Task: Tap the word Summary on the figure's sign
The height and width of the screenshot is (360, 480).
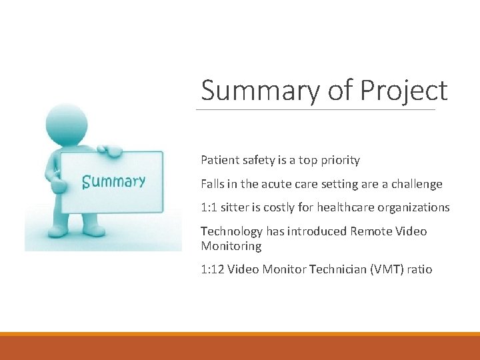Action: coord(113,181)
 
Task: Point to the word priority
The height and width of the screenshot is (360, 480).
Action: coord(337,160)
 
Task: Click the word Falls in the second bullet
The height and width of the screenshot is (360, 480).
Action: coord(212,184)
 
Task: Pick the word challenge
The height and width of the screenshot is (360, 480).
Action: coord(416,184)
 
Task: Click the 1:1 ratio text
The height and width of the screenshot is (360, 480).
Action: coord(209,207)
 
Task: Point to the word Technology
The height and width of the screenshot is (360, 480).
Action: coord(231,231)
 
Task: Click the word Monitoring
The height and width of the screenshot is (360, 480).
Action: coord(231,246)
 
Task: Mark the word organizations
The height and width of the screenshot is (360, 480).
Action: coord(413,207)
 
